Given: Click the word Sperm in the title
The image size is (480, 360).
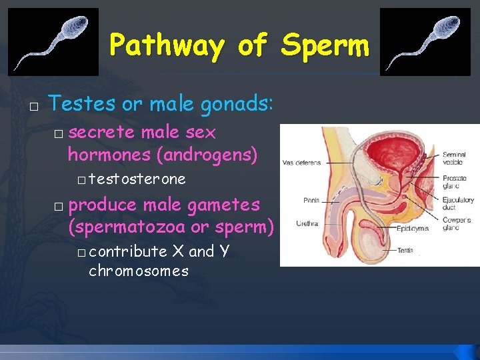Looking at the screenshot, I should [325, 46].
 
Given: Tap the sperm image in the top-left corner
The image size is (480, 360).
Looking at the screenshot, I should [53, 41].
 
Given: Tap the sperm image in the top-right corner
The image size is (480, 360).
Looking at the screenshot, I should [425, 41].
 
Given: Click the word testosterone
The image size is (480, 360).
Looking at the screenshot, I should [137, 179].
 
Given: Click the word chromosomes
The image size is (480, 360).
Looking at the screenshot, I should [139, 271].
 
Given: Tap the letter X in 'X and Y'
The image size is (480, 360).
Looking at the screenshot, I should [178, 251].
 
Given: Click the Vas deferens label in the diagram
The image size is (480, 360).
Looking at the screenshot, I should [301, 162].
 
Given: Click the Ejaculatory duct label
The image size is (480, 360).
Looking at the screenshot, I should [459, 203].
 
